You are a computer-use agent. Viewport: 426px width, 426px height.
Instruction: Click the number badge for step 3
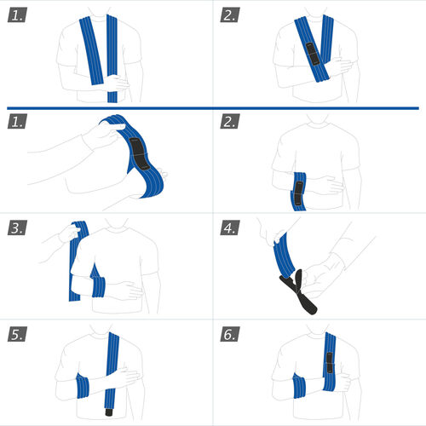point(17,227)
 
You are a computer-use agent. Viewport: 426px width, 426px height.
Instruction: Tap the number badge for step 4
point(230,227)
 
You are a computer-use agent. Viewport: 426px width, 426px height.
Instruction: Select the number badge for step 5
point(17,334)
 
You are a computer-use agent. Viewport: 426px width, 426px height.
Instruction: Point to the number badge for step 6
point(230,334)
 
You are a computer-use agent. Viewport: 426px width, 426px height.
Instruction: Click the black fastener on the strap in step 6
point(329,363)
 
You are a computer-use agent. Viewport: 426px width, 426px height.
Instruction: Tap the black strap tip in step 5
point(109,412)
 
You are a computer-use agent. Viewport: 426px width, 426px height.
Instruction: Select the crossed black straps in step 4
point(298,292)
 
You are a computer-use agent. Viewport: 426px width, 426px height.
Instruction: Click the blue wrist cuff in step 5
point(83,386)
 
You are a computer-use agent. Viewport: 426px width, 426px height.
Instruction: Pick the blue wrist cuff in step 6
point(299,386)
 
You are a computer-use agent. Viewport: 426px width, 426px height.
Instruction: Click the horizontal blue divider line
point(213,108)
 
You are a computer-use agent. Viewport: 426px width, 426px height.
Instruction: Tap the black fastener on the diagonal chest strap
point(313,55)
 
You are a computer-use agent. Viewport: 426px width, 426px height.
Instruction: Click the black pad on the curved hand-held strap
point(139,154)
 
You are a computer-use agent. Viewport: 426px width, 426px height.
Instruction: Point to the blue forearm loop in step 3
point(98,287)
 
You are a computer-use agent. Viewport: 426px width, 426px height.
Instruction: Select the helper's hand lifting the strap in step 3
point(68,233)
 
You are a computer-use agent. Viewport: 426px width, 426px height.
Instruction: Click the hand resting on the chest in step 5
point(124,377)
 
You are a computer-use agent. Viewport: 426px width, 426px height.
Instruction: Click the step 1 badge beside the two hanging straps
point(17,14)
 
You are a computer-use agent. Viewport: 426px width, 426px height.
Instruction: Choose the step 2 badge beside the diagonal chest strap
point(230,14)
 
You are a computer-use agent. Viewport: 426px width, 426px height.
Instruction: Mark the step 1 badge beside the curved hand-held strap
point(17,121)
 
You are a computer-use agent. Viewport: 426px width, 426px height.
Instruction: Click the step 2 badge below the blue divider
point(230,121)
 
